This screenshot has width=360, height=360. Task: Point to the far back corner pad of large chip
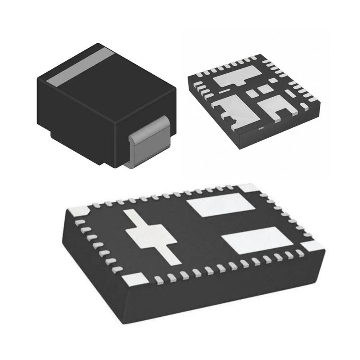coord(247,188)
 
